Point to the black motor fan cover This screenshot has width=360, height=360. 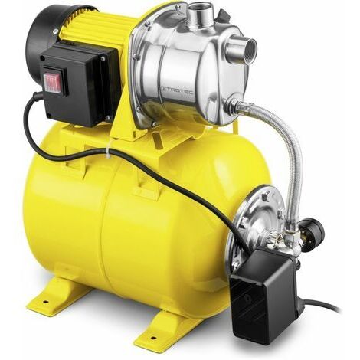[47, 36]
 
